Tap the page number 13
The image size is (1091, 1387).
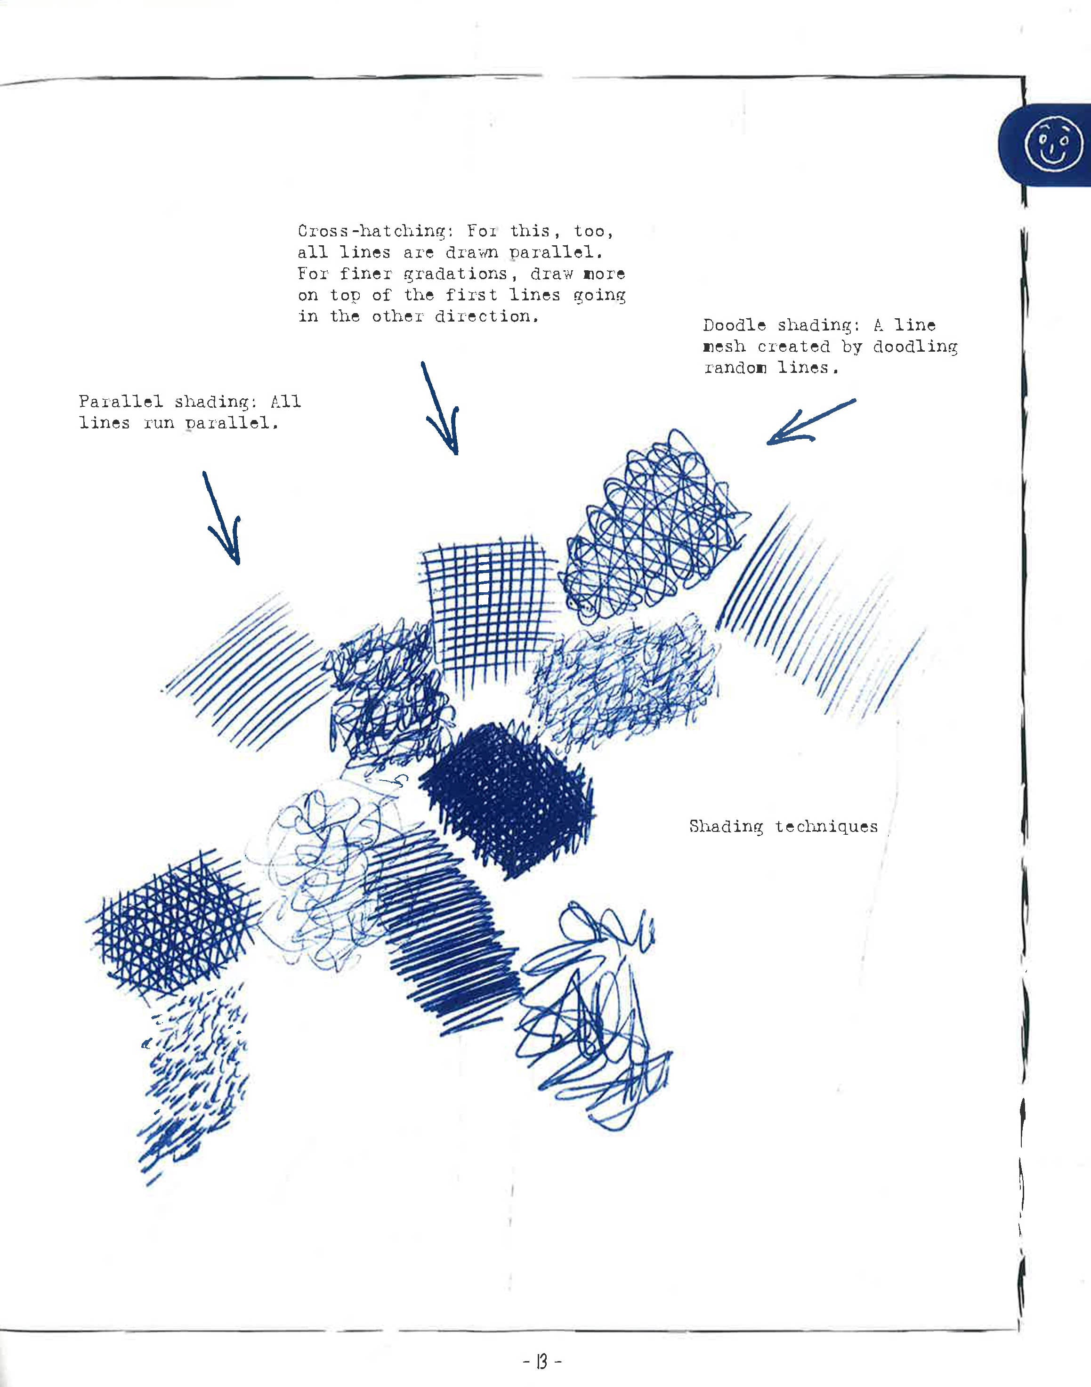tap(541, 1362)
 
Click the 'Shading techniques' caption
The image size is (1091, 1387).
tap(783, 827)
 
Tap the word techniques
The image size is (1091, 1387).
tap(826, 827)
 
